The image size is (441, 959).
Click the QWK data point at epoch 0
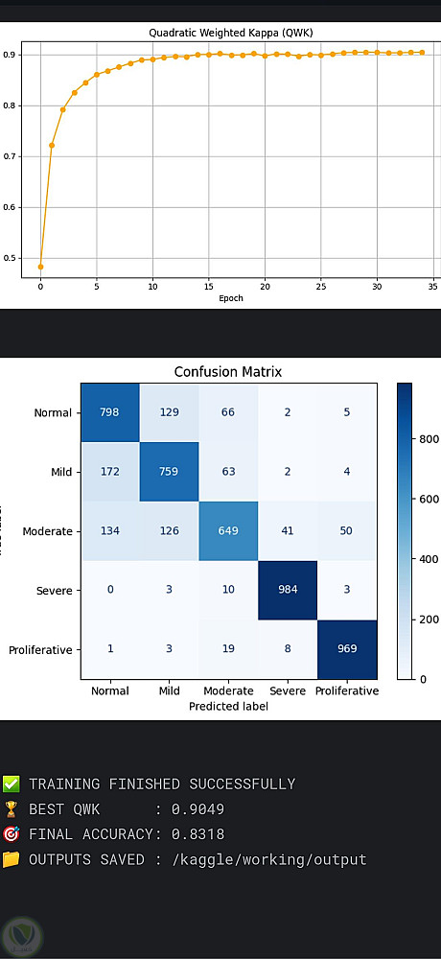40,267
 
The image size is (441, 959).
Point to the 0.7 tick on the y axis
9,156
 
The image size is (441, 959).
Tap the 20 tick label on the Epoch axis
265,286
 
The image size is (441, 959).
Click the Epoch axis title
231,298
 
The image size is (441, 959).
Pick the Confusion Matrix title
228,371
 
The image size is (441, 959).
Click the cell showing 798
110,411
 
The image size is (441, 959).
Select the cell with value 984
288,590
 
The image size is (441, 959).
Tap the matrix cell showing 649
229,531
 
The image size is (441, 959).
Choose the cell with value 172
110,472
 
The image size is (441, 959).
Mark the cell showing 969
347,649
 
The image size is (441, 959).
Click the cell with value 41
288,531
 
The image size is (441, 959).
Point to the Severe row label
54,591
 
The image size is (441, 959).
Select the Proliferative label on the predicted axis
347,690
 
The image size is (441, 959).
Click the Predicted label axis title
229,706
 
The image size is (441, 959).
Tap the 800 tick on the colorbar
423,438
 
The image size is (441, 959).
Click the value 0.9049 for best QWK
197,809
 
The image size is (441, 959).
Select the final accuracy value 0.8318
197,834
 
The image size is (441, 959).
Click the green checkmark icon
11,784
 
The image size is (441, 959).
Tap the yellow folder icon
11,859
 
